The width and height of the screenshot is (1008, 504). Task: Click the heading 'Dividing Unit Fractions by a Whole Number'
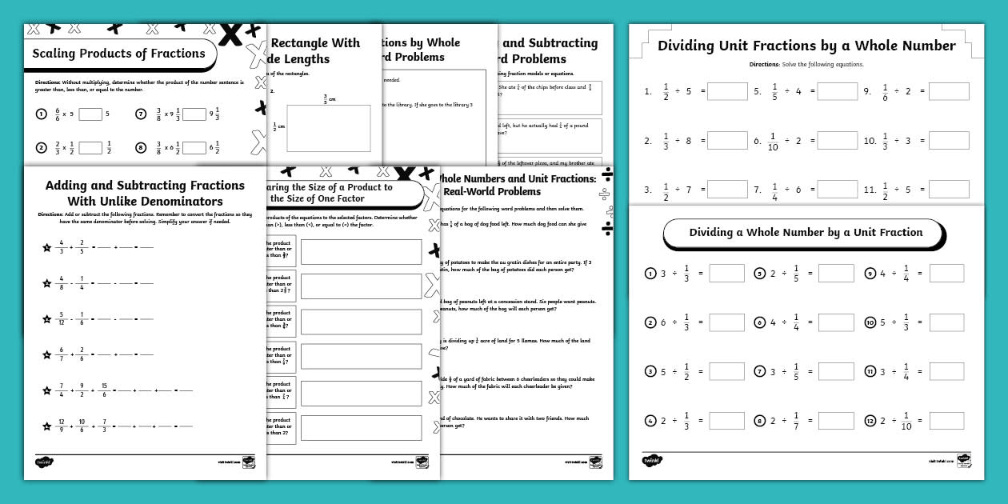(x=806, y=46)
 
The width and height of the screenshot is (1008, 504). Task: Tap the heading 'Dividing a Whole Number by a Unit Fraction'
(x=806, y=233)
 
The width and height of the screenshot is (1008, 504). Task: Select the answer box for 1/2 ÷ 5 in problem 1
(x=727, y=92)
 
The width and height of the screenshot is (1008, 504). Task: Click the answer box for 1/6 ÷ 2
(x=949, y=92)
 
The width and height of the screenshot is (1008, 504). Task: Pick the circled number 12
(x=870, y=421)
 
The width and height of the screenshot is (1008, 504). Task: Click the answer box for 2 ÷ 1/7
(x=837, y=421)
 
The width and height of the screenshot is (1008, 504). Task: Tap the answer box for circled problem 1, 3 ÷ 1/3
(x=726, y=274)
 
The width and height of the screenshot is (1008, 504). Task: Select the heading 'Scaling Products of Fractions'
(x=118, y=54)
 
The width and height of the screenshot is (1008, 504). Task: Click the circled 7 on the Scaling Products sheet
(x=142, y=114)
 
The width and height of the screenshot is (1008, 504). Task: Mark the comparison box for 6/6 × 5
(x=90, y=114)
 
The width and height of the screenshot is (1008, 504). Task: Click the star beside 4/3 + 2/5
(x=46, y=247)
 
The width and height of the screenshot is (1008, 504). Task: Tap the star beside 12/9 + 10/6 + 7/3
(x=46, y=426)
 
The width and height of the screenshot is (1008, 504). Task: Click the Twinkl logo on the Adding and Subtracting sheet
(x=44, y=462)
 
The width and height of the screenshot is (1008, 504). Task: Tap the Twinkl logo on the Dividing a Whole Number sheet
(x=652, y=461)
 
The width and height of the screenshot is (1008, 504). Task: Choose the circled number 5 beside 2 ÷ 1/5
(x=759, y=274)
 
